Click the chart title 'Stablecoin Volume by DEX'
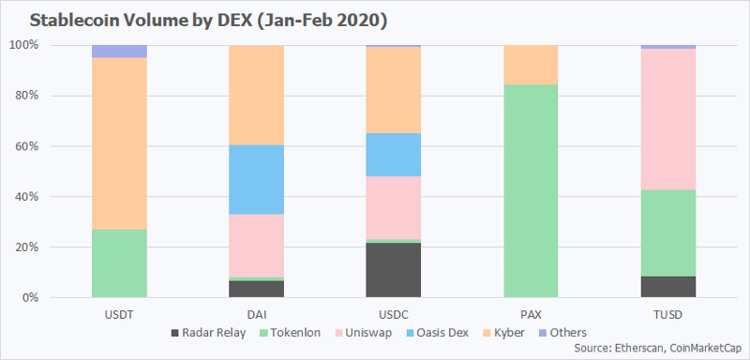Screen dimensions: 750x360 [x=142, y=22]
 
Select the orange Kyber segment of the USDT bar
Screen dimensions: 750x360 [x=119, y=143]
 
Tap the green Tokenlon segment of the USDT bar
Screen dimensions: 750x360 [x=119, y=263]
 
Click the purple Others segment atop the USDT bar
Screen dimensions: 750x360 [x=119, y=52]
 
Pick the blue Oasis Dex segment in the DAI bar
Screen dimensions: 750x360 [x=256, y=179]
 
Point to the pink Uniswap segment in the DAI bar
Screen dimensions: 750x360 [x=256, y=246]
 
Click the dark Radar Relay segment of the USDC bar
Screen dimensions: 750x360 [x=393, y=270]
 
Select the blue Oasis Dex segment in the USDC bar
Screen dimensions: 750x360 [x=393, y=155]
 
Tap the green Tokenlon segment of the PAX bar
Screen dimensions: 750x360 [x=531, y=191]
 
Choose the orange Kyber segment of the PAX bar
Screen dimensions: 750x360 [x=531, y=65]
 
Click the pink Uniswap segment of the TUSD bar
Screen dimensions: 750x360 [x=667, y=119]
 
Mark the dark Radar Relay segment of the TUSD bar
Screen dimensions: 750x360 [x=667, y=287]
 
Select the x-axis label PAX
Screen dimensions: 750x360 [x=531, y=316]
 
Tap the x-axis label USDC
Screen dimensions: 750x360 [x=393, y=316]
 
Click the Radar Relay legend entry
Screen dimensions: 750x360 [x=208, y=333]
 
